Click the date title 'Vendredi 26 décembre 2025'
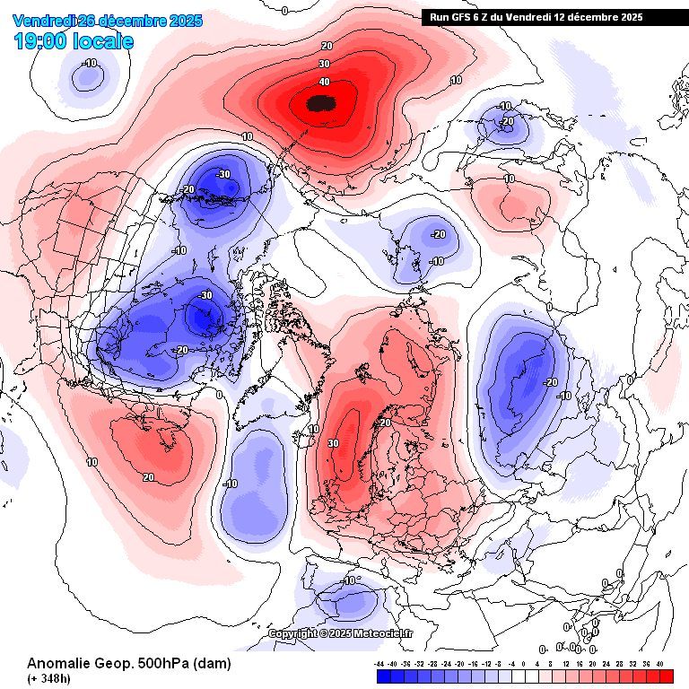(x=109, y=21)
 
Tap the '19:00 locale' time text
(x=74, y=41)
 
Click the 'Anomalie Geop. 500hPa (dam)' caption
(x=128, y=664)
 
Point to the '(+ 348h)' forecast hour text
(x=48, y=678)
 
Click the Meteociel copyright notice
(x=341, y=633)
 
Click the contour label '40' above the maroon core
(x=324, y=82)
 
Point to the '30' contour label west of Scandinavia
(x=333, y=443)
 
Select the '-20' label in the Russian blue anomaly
(x=551, y=381)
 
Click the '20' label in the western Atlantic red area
(x=149, y=477)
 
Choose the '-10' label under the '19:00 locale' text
(x=90, y=63)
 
